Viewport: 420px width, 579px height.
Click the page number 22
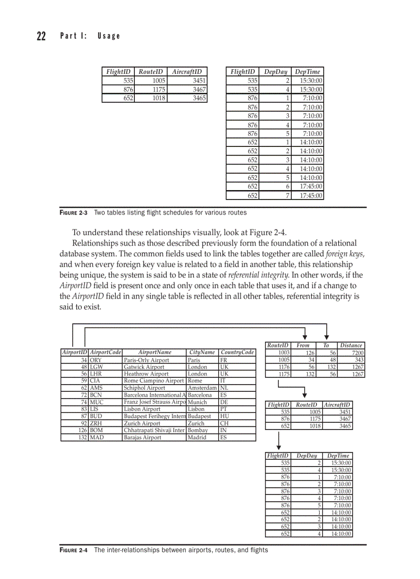pyautogui.click(x=41, y=36)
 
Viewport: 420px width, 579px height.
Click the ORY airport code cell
pyautogui.click(x=105, y=360)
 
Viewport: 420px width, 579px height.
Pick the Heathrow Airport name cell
pyautogui.click(x=154, y=374)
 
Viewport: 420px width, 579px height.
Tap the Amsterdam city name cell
pyautogui.click(x=202, y=388)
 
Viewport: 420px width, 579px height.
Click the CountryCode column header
pyautogui.click(x=237, y=353)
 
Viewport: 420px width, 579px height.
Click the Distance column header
pyautogui.click(x=352, y=345)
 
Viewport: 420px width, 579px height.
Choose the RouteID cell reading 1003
pyautogui.click(x=278, y=353)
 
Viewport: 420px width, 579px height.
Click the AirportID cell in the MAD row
pyautogui.click(x=75, y=437)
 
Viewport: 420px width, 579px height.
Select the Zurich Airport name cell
pyautogui.click(x=154, y=423)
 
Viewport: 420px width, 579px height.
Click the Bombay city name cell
pyautogui.click(x=202, y=430)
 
